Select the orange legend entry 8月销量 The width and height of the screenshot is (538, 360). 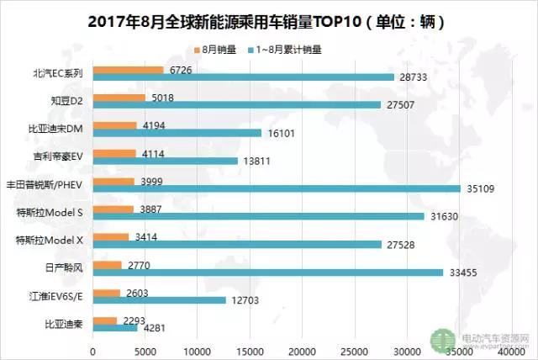coord(215,49)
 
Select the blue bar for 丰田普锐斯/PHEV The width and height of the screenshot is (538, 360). coord(277,188)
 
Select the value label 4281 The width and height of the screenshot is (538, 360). coord(153,328)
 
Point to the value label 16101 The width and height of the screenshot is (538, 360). coord(278,133)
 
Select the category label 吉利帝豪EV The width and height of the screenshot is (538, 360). coord(57,156)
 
